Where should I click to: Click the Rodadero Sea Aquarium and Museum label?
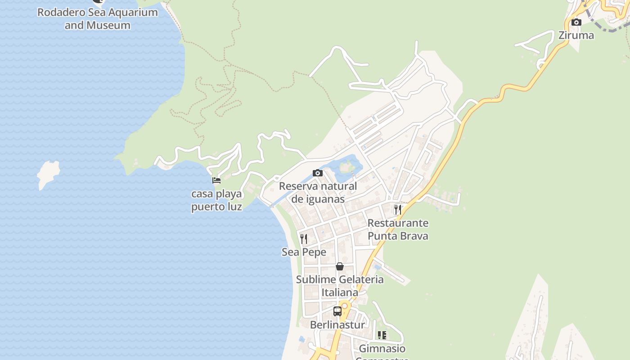tap(98, 18)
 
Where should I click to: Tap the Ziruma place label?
tap(576, 35)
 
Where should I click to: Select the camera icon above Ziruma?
tap(576, 22)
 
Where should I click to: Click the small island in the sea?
tap(48, 174)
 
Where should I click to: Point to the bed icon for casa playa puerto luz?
tap(216, 180)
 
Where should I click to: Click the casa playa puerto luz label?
tap(216, 200)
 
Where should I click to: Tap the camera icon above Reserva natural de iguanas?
tap(318, 173)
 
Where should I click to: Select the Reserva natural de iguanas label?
tap(318, 193)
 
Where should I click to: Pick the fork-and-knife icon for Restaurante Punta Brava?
tap(398, 210)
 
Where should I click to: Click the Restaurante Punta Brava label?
tap(398, 229)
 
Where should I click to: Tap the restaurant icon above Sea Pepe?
tap(304, 238)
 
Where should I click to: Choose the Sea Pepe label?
tap(304, 252)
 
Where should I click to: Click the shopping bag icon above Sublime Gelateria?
tap(340, 266)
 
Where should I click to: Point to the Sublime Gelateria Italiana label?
tap(340, 286)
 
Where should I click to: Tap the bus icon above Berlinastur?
tap(337, 311)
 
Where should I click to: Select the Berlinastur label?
tap(337, 324)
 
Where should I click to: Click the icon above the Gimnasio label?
tap(382, 335)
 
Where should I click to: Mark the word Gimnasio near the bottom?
tap(382, 349)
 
